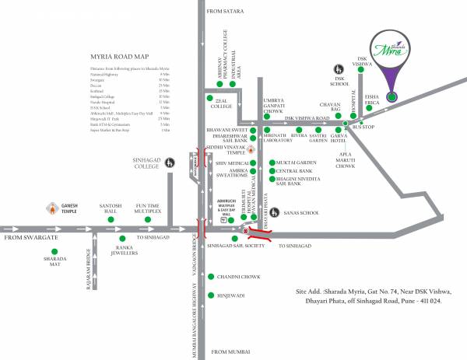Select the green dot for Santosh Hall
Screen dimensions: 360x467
coord(110,219)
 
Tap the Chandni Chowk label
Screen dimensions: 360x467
coord(238,275)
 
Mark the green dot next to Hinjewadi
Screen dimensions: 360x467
coord(210,295)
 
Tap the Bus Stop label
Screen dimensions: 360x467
coord(363,126)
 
